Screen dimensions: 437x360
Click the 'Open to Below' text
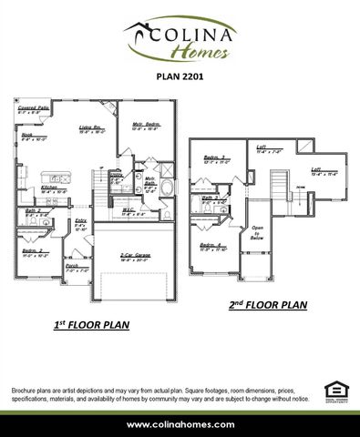coord(257,232)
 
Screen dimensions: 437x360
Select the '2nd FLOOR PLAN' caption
coord(267,305)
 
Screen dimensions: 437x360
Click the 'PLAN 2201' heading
coord(180,77)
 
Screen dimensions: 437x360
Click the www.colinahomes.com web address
coord(180,424)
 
